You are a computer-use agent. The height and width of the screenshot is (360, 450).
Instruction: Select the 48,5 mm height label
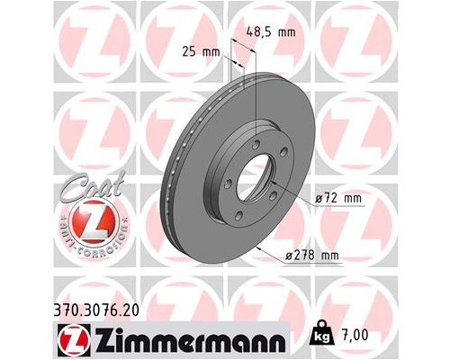coord(270,31)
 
